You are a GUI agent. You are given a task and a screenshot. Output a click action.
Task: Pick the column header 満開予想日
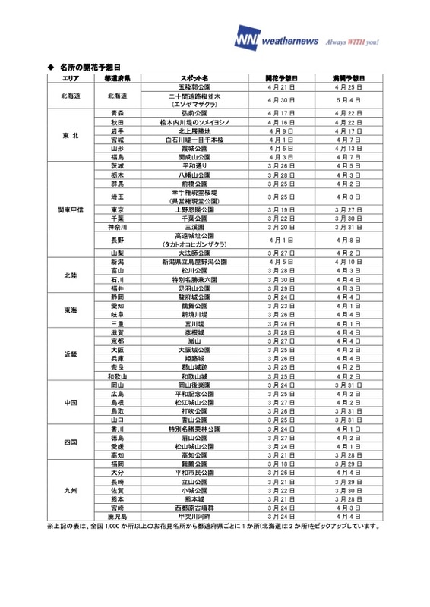pos(349,78)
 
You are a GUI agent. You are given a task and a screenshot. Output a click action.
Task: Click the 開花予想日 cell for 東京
pos(281,209)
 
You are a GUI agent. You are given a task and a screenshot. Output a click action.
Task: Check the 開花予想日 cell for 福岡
pos(281,464)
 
